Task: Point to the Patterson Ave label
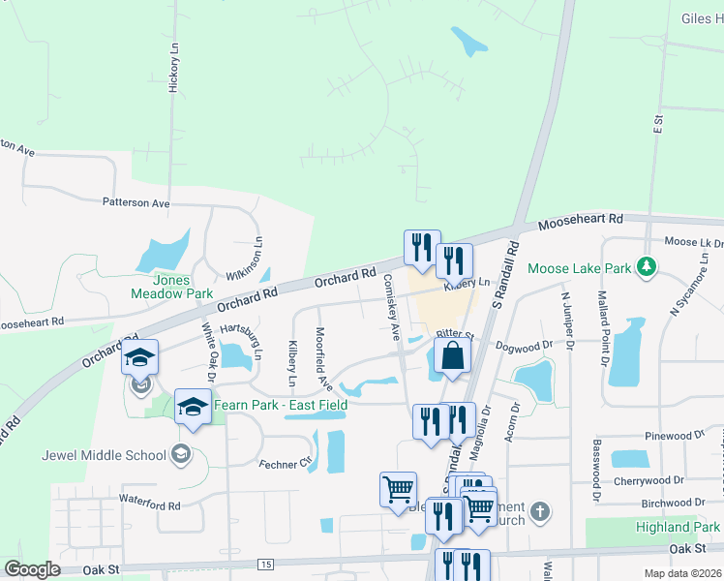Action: click(136, 203)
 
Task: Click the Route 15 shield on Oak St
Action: click(264, 564)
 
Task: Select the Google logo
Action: click(32, 569)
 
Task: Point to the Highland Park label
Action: click(678, 527)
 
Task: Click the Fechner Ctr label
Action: click(285, 464)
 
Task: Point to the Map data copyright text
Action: click(683, 573)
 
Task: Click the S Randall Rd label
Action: click(505, 277)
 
